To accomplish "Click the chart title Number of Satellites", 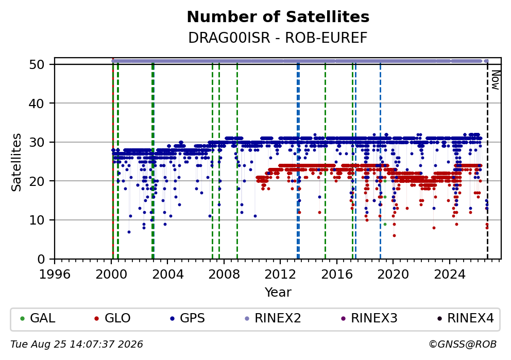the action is coord(278,17).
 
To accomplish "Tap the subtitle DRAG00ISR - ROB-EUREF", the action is coord(278,38).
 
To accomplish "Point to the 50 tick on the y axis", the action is coord(37,64).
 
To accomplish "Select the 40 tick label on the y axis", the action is coord(37,104).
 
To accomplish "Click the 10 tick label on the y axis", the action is coord(37,220).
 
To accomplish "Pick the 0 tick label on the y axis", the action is coord(41,260).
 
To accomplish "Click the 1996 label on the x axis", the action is coord(55,275).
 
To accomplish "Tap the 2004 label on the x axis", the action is coord(167,275).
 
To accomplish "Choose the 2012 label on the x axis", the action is coord(280,275).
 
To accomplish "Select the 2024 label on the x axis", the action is coord(450,275).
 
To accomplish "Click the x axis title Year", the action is coord(278,292).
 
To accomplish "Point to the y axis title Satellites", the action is coord(16,162).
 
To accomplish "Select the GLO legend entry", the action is coord(112,318).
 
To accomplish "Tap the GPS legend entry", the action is coord(188,318).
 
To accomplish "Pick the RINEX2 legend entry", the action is coord(273,318).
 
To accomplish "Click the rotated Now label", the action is coord(496,80).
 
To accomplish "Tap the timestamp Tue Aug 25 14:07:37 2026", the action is coord(77,345).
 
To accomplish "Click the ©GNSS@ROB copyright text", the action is coord(463,345).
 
